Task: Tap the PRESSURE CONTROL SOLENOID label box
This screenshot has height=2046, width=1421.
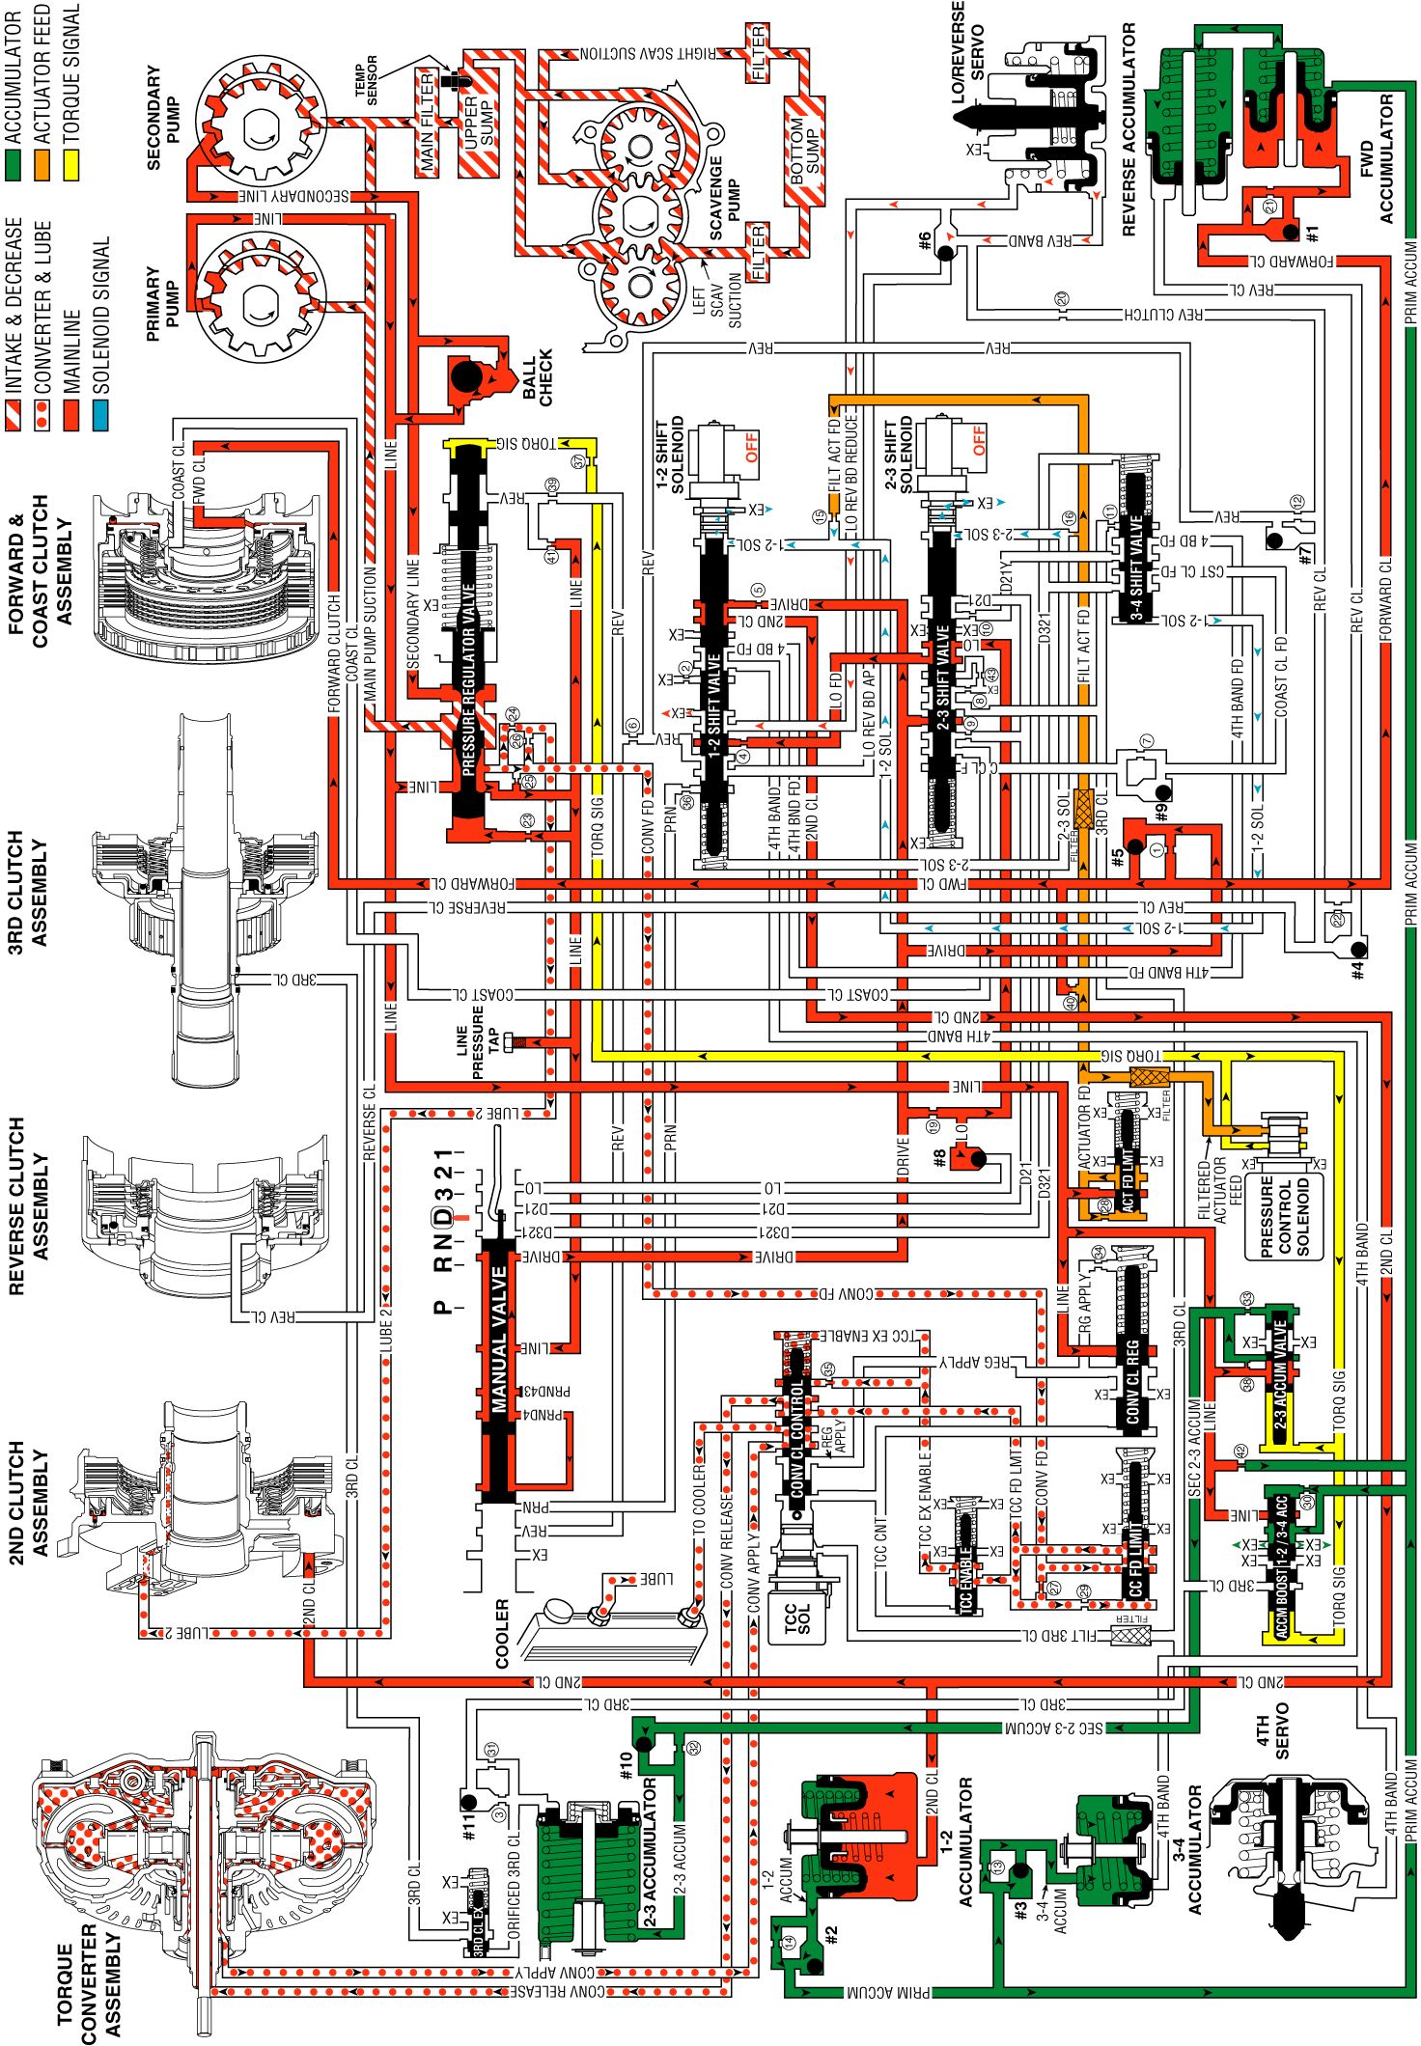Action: click(1283, 1215)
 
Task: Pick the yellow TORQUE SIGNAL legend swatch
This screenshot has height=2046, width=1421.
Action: click(71, 160)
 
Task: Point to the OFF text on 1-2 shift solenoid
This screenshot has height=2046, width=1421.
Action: click(752, 448)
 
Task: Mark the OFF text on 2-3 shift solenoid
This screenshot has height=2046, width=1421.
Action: click(980, 441)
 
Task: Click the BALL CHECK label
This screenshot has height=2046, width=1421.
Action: click(538, 377)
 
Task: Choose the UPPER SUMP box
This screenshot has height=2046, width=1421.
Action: click(479, 122)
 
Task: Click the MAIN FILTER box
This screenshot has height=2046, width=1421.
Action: click(428, 123)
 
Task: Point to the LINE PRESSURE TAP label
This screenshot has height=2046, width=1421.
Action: click(478, 1041)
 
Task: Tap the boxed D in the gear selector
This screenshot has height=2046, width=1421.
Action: click(441, 1215)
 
